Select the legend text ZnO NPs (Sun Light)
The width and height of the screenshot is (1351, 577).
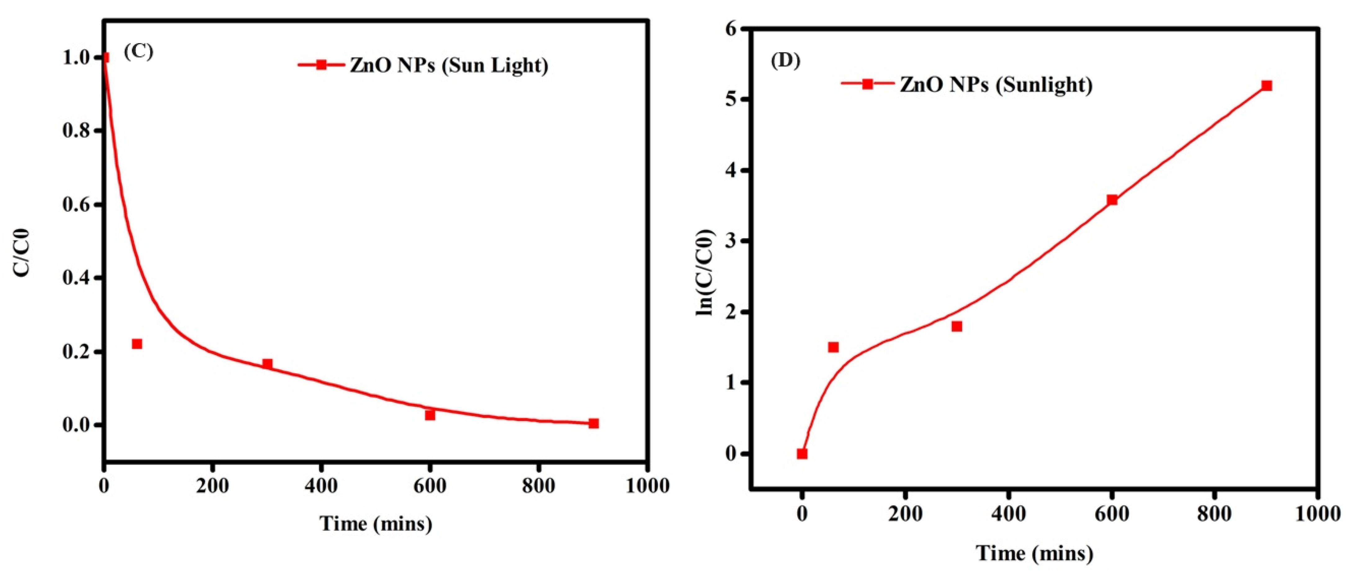click(449, 65)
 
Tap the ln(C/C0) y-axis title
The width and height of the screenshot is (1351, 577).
click(705, 273)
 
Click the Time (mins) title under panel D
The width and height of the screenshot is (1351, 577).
click(1034, 553)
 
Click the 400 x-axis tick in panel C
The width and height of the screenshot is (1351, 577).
click(321, 486)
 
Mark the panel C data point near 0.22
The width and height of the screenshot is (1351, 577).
click(137, 344)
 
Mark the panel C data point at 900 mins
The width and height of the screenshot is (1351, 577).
click(593, 423)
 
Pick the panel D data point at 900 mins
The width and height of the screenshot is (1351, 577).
click(1266, 86)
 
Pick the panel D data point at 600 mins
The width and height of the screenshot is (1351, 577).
click(1112, 200)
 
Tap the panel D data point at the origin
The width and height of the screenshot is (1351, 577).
click(802, 453)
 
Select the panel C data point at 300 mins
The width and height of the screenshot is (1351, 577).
click(268, 364)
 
